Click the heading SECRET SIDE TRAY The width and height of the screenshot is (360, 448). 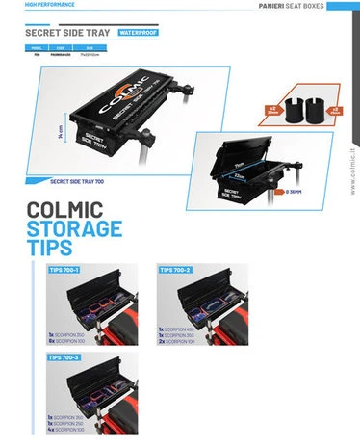coord(65,32)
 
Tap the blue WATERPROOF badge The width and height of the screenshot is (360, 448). coord(138,32)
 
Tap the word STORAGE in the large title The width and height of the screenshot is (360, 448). coord(75,229)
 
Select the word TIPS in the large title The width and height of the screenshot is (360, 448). coord(50,249)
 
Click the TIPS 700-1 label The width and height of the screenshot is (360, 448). coord(64,271)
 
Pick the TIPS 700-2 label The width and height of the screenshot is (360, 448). coord(175,271)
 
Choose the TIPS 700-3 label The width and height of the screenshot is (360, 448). coord(64,357)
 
